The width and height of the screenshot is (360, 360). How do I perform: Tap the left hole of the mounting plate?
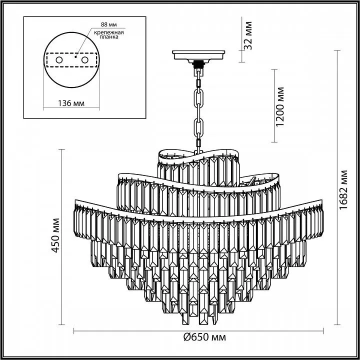(59, 60)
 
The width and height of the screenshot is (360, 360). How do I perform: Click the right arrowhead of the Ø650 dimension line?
(323, 331)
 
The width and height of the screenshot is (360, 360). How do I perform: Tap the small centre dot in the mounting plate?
(75, 57)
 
